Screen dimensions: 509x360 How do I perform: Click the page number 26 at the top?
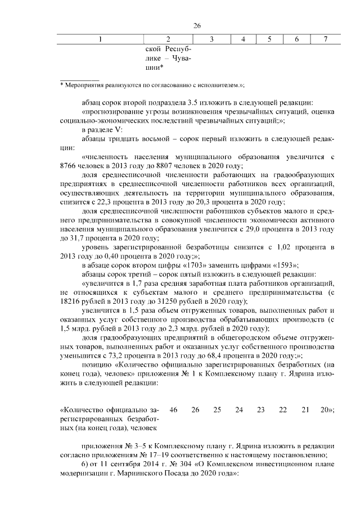(197, 25)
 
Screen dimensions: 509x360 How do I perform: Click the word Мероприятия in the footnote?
(84, 84)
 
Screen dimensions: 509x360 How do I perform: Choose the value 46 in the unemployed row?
(173, 409)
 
